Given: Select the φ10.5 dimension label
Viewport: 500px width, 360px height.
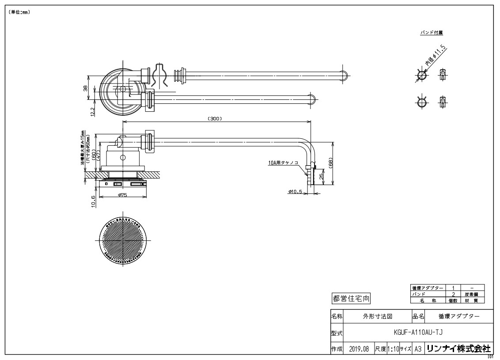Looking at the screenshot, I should [295, 192].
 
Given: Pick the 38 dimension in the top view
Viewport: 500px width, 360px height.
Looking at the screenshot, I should [86, 88].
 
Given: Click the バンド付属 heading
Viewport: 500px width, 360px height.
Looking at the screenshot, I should [432, 32].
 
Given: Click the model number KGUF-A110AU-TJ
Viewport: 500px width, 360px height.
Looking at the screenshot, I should [417, 332].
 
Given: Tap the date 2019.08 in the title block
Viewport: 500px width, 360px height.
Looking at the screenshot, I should [359, 349].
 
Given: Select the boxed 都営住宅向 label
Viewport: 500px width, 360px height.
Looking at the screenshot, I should [351, 299].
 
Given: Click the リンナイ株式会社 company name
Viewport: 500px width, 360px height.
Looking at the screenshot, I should [459, 348].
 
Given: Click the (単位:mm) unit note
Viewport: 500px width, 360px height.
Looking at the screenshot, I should [19, 12].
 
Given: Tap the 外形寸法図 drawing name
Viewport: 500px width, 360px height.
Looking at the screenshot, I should [378, 317].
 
